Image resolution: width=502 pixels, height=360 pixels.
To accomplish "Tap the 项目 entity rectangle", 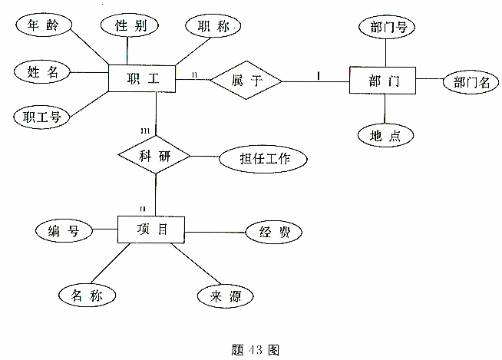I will tap(152, 230).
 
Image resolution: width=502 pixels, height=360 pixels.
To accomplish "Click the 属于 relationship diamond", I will tap(246, 80).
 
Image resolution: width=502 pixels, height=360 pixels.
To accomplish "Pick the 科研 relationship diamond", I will tap(154, 157).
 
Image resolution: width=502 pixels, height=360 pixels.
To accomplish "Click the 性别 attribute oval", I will tap(130, 25).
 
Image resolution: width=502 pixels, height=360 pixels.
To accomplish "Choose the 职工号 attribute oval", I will tap(42, 117).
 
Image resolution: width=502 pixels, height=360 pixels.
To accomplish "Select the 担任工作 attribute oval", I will tap(263, 160).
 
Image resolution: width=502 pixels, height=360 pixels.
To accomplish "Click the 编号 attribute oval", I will tap(64, 230).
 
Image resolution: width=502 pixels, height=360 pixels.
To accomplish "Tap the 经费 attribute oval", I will tap(272, 232).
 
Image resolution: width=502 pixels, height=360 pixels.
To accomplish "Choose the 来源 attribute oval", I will tap(225, 294).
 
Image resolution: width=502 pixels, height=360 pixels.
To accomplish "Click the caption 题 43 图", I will tap(254, 349).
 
